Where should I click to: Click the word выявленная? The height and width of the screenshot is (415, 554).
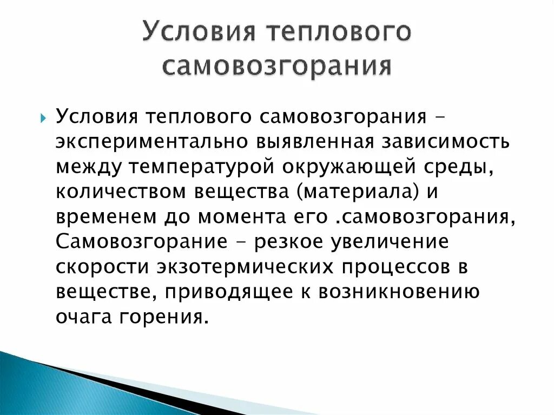tap(309, 142)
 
